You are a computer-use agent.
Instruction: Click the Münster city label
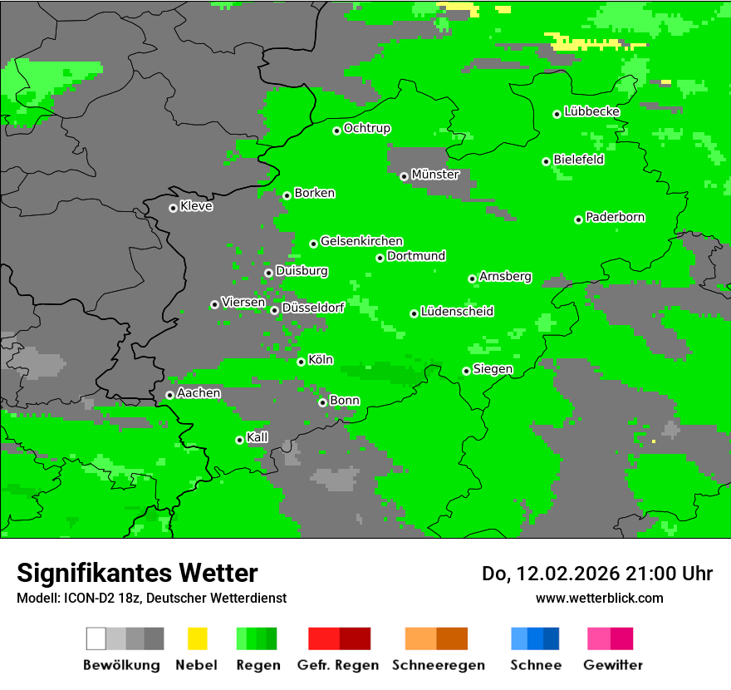(434, 175)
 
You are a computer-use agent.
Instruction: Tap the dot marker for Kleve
(173, 208)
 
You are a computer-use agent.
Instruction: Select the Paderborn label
(615, 217)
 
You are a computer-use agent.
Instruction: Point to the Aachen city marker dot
(169, 395)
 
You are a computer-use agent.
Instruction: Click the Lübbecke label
(591, 111)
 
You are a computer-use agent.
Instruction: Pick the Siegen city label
(493, 369)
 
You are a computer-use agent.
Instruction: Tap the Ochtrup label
(366, 128)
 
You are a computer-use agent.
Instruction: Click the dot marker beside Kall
(239, 440)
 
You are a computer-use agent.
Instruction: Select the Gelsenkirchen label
(361, 241)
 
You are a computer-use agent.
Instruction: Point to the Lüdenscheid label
(457, 312)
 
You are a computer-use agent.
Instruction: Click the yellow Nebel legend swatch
(198, 638)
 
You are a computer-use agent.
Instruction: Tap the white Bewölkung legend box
(96, 638)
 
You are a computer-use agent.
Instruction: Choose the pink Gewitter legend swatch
(599, 638)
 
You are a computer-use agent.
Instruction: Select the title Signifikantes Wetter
(137, 573)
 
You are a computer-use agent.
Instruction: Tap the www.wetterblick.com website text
(599, 598)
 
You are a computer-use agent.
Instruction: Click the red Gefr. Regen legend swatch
(324, 638)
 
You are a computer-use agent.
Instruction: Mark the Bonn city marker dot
(322, 402)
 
